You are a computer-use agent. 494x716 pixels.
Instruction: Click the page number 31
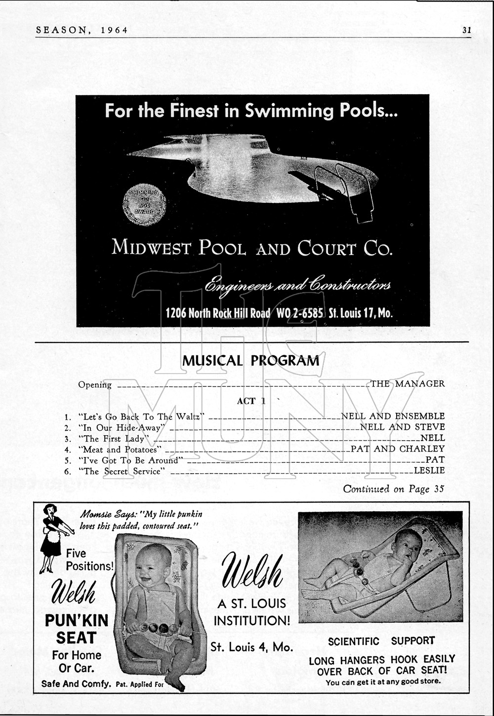tap(466, 30)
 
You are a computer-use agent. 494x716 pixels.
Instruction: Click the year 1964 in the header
tap(114, 30)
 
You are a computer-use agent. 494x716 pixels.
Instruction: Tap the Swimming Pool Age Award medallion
tap(144, 204)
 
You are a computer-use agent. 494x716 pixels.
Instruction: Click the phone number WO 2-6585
tap(300, 313)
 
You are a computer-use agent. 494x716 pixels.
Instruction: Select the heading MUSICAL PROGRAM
tap(250, 361)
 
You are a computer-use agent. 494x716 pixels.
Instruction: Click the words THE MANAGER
tap(408, 383)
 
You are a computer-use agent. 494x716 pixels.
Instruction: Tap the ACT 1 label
tap(251, 401)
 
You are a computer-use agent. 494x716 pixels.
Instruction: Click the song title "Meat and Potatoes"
tap(120, 450)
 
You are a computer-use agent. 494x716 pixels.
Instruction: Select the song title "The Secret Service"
tap(122, 471)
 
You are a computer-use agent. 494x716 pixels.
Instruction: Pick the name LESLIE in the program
tap(429, 471)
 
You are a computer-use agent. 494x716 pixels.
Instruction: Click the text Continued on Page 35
tap(394, 489)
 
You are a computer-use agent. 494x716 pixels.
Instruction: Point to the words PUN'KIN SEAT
tap(76, 629)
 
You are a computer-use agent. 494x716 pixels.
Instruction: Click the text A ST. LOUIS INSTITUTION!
tap(251, 612)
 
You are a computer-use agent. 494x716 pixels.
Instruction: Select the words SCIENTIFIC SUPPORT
tap(381, 641)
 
